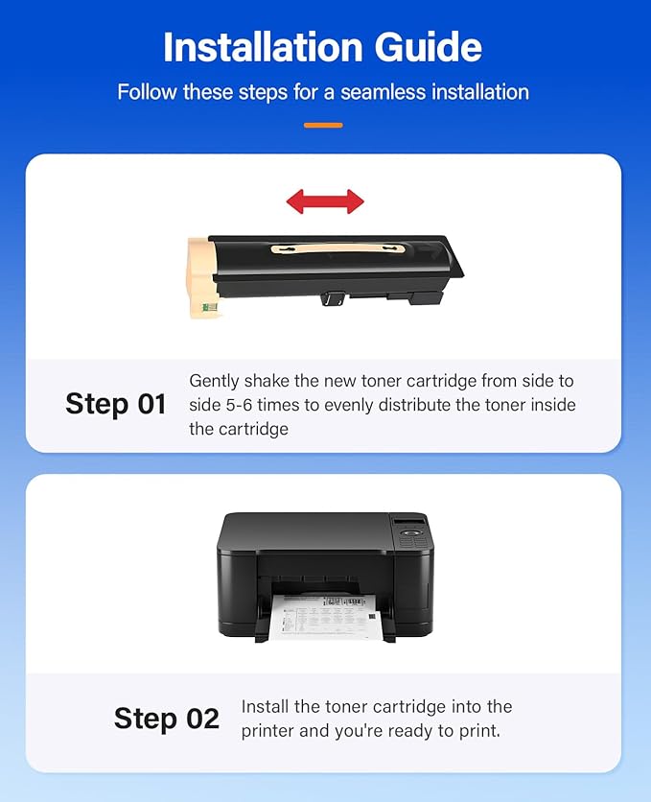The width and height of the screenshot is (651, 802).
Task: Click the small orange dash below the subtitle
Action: click(323, 125)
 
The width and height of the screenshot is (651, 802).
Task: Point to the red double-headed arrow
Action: click(325, 201)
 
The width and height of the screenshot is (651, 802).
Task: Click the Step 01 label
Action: click(116, 404)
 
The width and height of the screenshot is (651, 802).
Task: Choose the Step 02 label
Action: click(167, 719)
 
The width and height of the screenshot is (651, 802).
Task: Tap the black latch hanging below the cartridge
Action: click(333, 298)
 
